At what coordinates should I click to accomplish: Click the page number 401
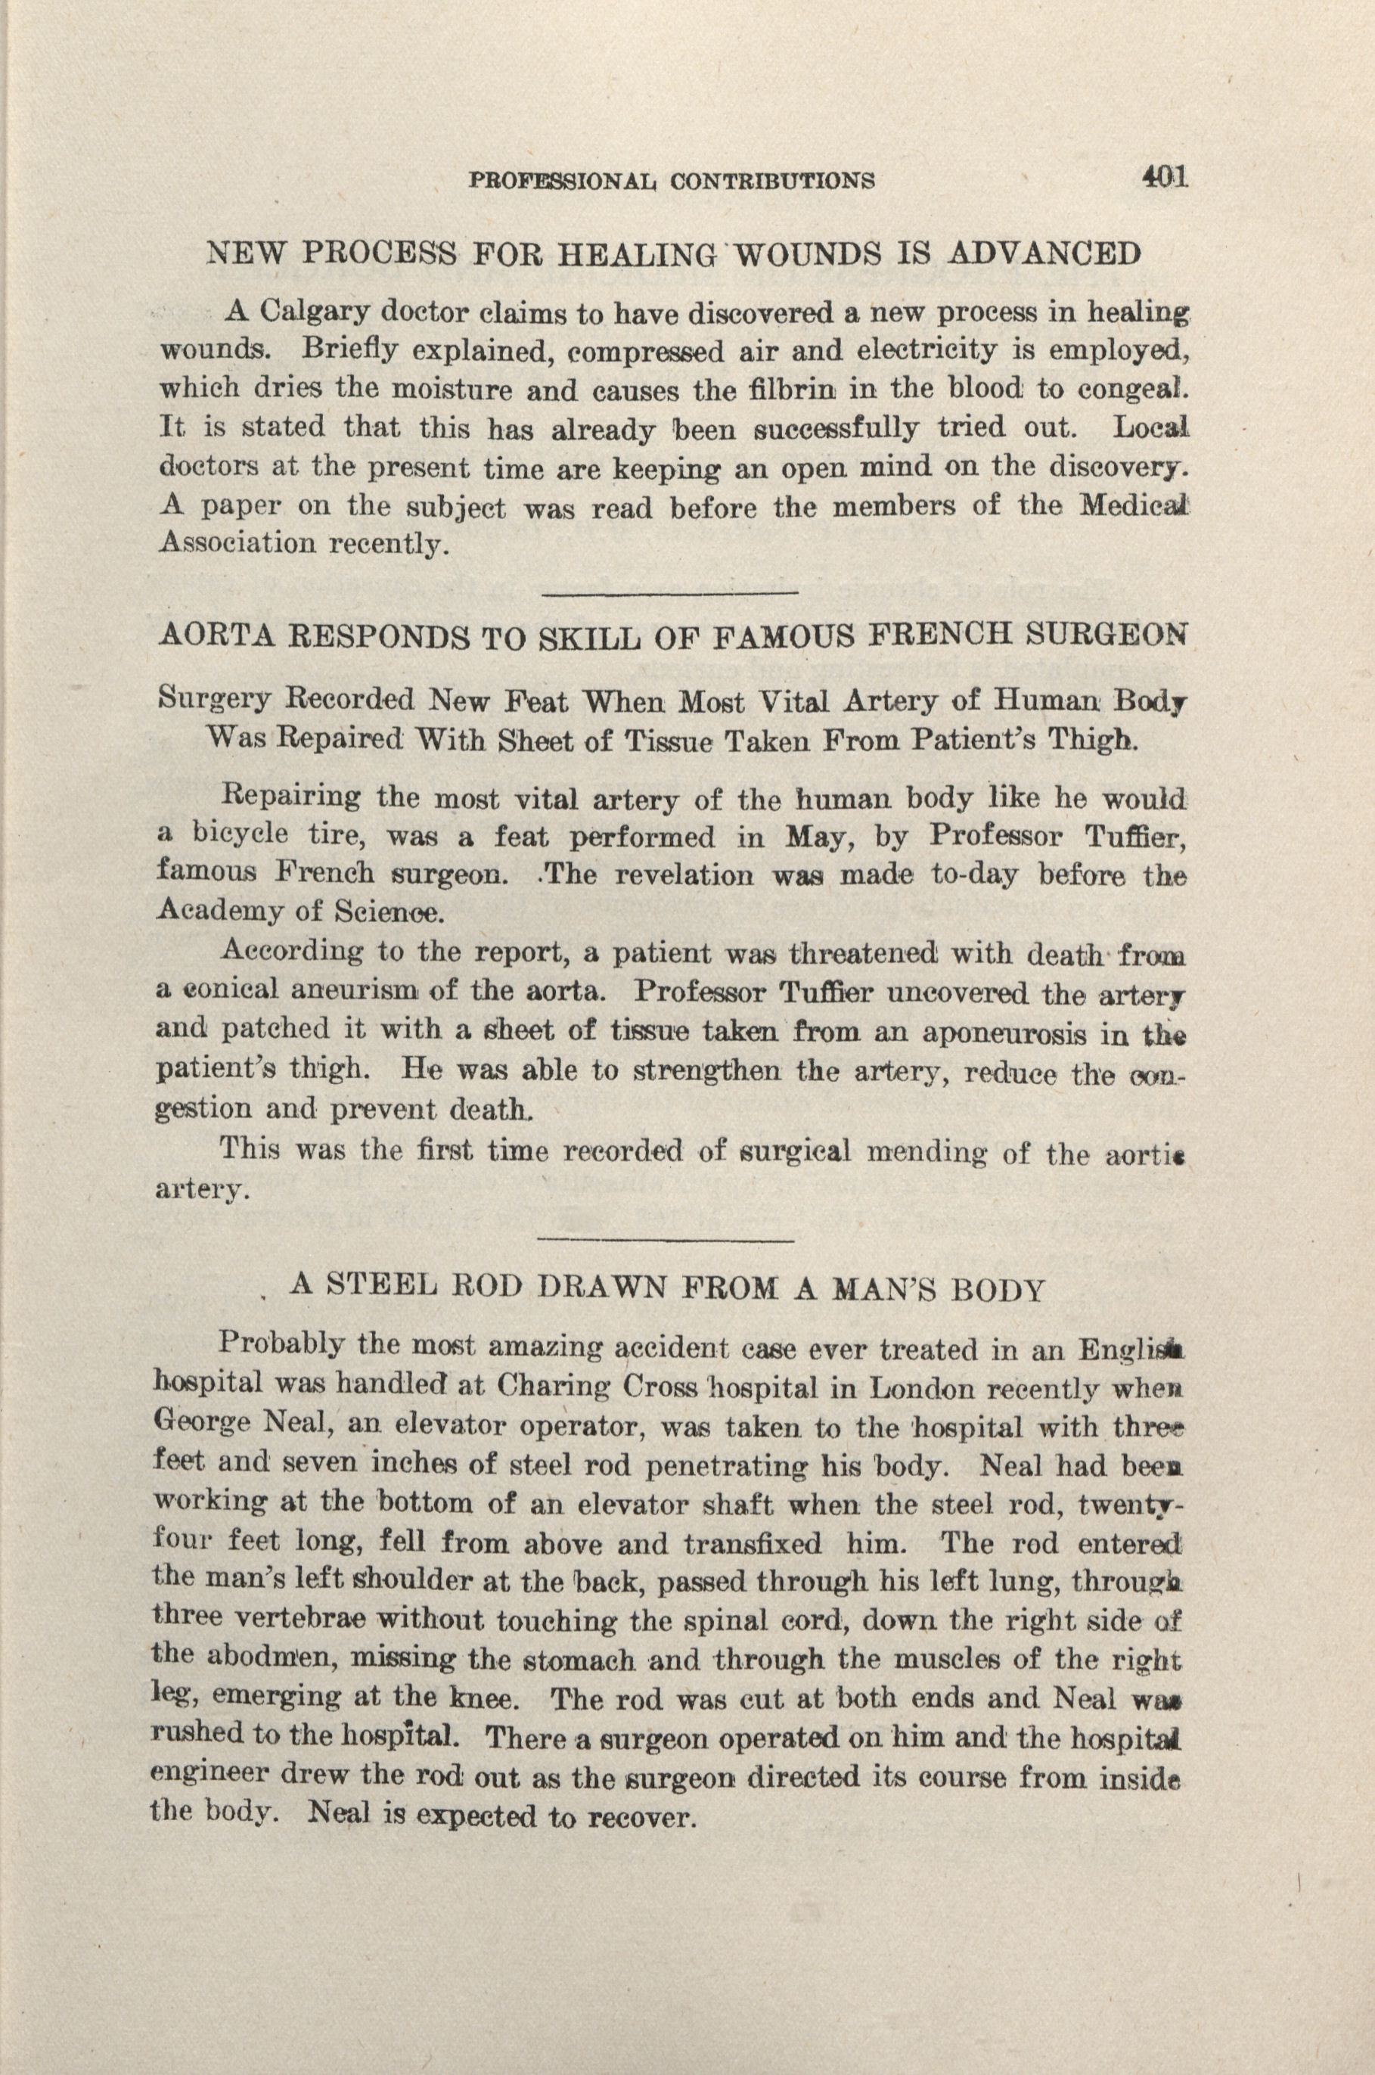[x=1164, y=177]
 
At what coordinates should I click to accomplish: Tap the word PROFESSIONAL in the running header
[x=564, y=181]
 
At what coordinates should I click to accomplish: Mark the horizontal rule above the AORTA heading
[x=669, y=595]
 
